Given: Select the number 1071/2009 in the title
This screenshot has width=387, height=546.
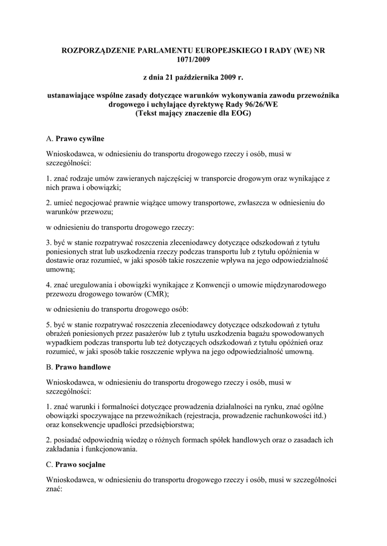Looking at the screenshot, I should (193, 60).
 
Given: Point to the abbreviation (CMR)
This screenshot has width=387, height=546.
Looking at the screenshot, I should (156, 294).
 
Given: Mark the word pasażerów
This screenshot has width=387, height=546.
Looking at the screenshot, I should (153, 334).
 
